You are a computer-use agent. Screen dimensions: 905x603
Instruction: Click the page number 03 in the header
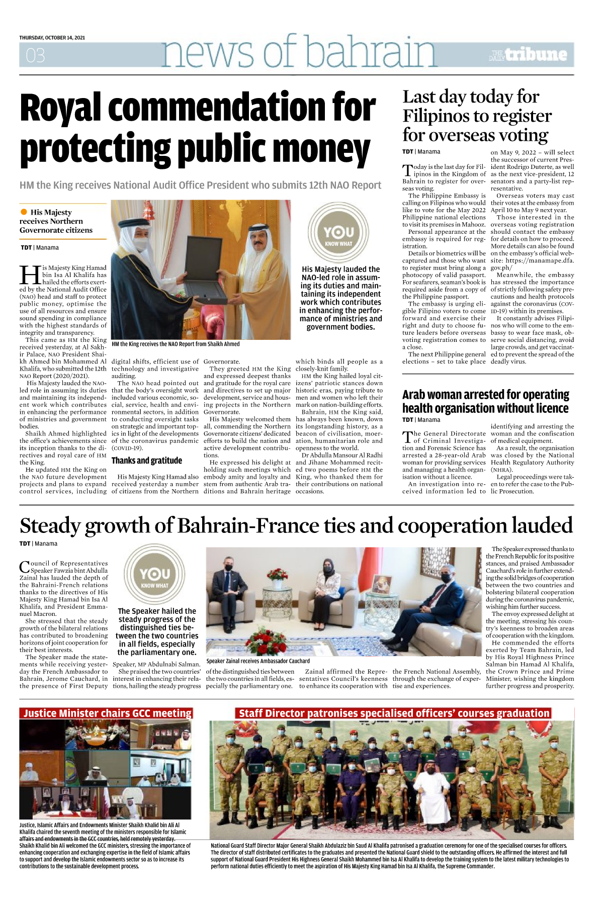click(35, 55)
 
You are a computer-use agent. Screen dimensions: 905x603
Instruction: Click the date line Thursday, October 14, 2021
click(52, 38)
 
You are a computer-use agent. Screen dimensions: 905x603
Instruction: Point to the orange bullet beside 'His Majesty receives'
click(24, 212)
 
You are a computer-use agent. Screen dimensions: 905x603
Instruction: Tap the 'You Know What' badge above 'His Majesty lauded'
click(338, 233)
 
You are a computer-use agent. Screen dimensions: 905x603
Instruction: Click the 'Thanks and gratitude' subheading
click(147, 461)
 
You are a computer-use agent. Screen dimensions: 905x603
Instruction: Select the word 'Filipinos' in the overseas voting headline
click(442, 116)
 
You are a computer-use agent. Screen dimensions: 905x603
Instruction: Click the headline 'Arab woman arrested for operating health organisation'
click(485, 401)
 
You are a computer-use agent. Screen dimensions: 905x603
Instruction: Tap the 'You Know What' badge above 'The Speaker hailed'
click(155, 575)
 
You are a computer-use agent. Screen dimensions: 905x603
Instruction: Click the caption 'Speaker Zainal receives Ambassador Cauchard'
click(258, 661)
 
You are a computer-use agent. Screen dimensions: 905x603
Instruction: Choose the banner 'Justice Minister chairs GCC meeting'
click(107, 713)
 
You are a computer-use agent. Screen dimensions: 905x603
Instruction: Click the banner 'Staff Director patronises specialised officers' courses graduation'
click(394, 713)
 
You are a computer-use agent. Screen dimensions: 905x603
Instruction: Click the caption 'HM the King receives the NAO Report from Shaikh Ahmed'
click(175, 344)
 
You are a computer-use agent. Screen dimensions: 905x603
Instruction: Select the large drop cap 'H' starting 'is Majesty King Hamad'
click(30, 275)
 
